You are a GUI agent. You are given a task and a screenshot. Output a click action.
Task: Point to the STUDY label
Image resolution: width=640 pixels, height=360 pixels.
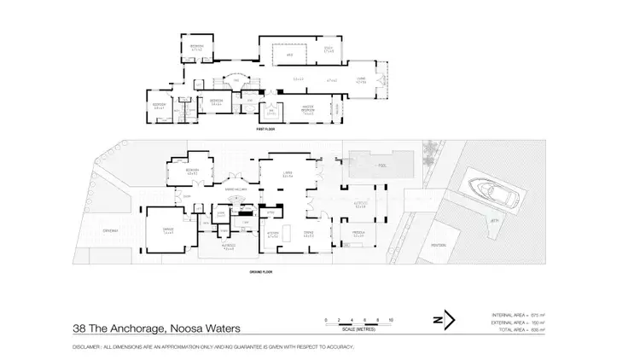pyautogui.click(x=328, y=50)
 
